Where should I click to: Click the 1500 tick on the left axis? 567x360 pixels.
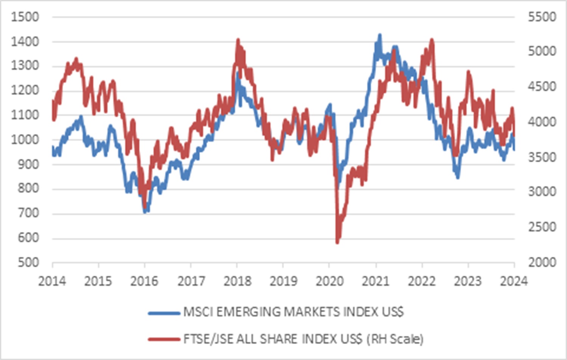[25, 17]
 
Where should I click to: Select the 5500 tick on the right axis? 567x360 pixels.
[542, 17]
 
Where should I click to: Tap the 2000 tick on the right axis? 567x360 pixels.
[542, 262]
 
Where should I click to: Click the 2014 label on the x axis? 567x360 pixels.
[52, 281]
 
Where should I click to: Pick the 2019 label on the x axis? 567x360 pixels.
[283, 281]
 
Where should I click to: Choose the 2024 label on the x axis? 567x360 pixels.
[514, 281]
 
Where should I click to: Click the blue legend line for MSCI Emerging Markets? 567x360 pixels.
[164, 313]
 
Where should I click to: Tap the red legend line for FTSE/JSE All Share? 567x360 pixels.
[164, 339]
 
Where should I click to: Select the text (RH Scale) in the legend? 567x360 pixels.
[395, 339]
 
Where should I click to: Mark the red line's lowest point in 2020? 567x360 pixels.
[337, 242]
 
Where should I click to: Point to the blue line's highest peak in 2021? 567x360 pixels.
[380, 35]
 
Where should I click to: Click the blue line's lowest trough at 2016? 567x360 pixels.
[145, 211]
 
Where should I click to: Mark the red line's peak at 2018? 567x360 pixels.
[238, 40]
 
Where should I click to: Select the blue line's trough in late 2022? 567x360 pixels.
[458, 177]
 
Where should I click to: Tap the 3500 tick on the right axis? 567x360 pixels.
[542, 157]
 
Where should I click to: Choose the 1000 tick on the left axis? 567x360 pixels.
[25, 140]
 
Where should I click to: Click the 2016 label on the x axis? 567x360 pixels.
[144, 281]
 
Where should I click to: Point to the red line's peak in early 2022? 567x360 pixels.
[432, 40]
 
